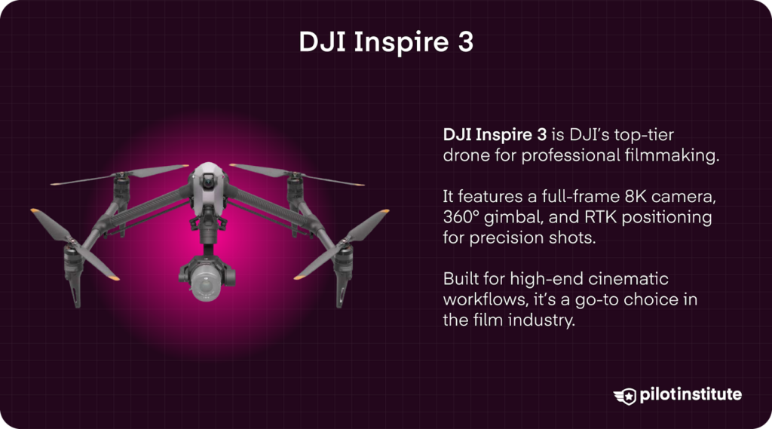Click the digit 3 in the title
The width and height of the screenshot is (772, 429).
point(464,42)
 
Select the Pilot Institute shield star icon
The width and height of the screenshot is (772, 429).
point(625,396)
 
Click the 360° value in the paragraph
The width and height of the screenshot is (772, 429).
point(464,218)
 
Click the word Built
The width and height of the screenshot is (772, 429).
point(460,280)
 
